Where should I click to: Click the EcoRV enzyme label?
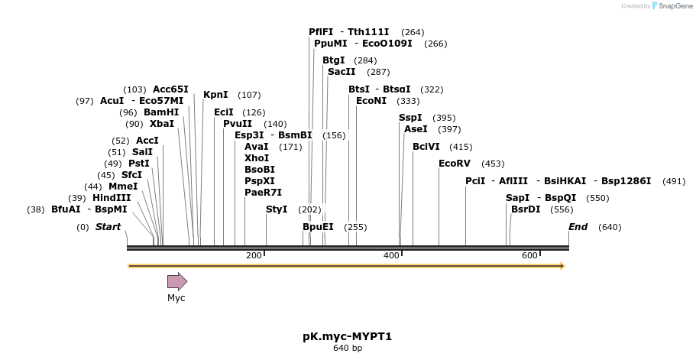click(455, 164)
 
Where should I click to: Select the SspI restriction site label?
click(410, 118)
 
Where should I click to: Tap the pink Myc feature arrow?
click(177, 281)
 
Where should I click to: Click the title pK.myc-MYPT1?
click(348, 336)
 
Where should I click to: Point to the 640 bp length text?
click(348, 349)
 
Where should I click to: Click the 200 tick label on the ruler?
click(254, 255)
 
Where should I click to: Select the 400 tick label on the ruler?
click(391, 255)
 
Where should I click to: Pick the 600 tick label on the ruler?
click(529, 255)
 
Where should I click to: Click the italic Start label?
click(108, 227)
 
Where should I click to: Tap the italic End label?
click(578, 227)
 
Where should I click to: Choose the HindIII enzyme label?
click(112, 198)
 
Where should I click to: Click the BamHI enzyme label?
click(161, 112)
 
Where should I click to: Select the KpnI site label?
click(215, 95)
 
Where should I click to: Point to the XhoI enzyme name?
click(257, 158)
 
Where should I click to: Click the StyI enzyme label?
click(277, 209)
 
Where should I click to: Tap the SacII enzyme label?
click(342, 72)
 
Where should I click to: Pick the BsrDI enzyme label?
click(526, 209)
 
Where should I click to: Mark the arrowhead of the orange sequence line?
click(562, 266)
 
